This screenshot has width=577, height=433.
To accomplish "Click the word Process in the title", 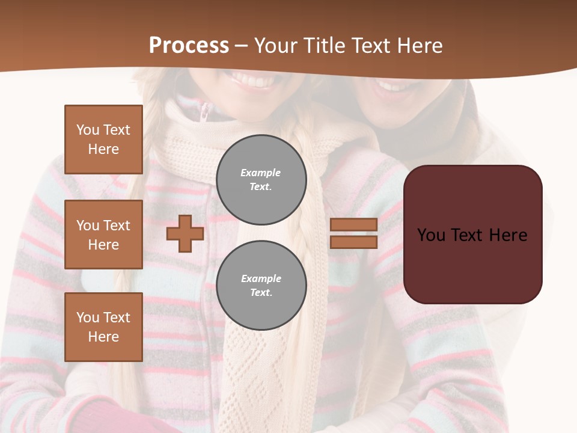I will (189, 46).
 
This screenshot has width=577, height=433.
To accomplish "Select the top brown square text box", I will (103, 140).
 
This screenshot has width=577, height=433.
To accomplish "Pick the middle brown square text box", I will (103, 235).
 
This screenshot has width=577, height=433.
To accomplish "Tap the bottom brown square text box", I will (103, 327).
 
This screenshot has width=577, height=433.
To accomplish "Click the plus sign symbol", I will (185, 233).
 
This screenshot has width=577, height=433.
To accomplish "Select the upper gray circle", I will (261, 179).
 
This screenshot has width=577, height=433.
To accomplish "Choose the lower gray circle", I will (261, 285).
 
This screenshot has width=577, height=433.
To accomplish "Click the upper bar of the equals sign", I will (353, 224).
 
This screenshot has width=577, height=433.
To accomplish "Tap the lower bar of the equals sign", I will (353, 242).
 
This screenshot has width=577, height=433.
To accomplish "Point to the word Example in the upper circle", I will (260, 173).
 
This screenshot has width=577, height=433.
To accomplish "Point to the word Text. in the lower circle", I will (261, 292).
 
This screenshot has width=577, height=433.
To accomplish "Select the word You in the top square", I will (87, 130).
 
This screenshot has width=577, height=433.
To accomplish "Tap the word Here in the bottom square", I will (103, 337).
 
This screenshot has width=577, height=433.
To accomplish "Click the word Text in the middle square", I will (117, 226).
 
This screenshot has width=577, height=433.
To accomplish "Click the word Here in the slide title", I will (419, 46).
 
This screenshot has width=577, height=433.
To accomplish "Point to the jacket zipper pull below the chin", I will (205, 111).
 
